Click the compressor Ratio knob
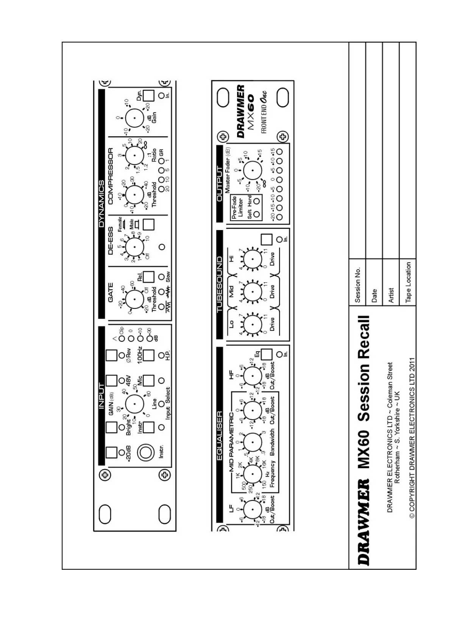coord(134,156)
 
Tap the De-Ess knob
coord(134,247)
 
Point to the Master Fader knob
coord(253,170)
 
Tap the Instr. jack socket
coord(145,452)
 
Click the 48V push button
coord(112,380)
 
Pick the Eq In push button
coord(267,354)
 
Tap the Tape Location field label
coord(408,282)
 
